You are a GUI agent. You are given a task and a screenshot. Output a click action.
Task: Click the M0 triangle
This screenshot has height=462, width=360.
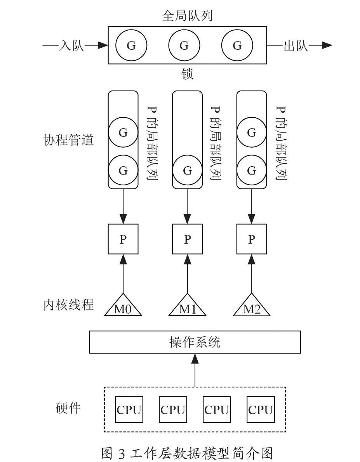pyautogui.click(x=123, y=307)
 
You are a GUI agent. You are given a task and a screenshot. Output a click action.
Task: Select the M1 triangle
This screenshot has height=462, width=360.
pyautogui.click(x=187, y=307)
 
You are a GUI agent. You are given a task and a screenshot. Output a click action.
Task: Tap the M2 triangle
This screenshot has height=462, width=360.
pyautogui.click(x=252, y=307)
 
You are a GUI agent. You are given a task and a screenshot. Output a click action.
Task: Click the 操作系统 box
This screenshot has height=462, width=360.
pyautogui.click(x=195, y=342)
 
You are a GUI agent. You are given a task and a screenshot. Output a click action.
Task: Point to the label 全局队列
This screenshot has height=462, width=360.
pyautogui.click(x=187, y=16)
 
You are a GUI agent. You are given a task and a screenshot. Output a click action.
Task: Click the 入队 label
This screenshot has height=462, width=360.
pyautogui.click(x=71, y=45)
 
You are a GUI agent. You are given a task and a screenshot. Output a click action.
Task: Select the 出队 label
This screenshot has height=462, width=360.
pyautogui.click(x=296, y=45)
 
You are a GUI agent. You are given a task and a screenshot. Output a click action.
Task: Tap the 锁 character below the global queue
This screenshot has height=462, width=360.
pyautogui.click(x=187, y=74)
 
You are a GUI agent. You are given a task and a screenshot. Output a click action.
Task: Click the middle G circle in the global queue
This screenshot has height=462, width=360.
pyautogui.click(x=184, y=45)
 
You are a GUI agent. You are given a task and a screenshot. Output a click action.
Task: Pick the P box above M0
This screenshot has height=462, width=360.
pyautogui.click(x=123, y=239)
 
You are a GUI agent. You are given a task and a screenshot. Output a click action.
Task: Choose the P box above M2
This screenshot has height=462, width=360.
pyautogui.click(x=252, y=239)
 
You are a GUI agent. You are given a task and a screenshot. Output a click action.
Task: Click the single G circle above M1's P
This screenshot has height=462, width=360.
pyautogui.click(x=187, y=170)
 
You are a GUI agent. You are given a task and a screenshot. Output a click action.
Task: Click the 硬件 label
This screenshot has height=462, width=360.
pyautogui.click(x=68, y=408)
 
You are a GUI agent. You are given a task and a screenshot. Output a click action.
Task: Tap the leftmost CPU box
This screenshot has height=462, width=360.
pyautogui.click(x=129, y=410)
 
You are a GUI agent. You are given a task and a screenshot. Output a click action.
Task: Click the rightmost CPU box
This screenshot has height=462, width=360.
pyautogui.click(x=261, y=410)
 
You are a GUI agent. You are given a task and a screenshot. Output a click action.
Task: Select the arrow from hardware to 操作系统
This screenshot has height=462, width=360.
pyautogui.click(x=195, y=370)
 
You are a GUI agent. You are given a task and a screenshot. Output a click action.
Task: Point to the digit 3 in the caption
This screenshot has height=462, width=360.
pyautogui.click(x=122, y=453)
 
